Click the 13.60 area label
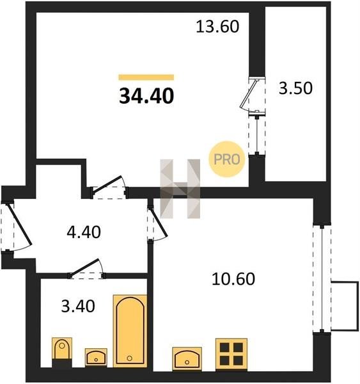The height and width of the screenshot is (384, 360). pyautogui.click(x=217, y=27)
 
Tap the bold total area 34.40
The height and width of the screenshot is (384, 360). pyautogui.click(x=146, y=96)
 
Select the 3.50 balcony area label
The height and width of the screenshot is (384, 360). pyautogui.click(x=295, y=88)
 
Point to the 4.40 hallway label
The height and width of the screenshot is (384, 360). pyautogui.click(x=84, y=232)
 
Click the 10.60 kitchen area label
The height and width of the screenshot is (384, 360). pyautogui.click(x=233, y=279)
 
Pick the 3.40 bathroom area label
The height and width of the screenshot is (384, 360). pyautogui.click(x=78, y=307)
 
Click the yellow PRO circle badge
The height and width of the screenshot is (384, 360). pyautogui.click(x=226, y=159)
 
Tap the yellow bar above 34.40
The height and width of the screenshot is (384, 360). pyautogui.click(x=146, y=77)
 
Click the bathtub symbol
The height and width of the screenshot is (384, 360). pyautogui.click(x=130, y=331)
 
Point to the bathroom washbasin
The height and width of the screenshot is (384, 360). pyautogui.click(x=96, y=357)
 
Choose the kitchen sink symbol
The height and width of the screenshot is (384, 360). pyautogui.click(x=187, y=358)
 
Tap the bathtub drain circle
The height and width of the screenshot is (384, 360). pyautogui.click(x=129, y=358)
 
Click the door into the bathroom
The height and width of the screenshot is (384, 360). pyautogui.click(x=87, y=269)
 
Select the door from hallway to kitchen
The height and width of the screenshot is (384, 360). pyautogui.click(x=157, y=223)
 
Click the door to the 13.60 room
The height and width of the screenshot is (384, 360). pyautogui.click(x=109, y=187)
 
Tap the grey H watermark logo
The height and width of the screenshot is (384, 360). pyautogui.click(x=180, y=189)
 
